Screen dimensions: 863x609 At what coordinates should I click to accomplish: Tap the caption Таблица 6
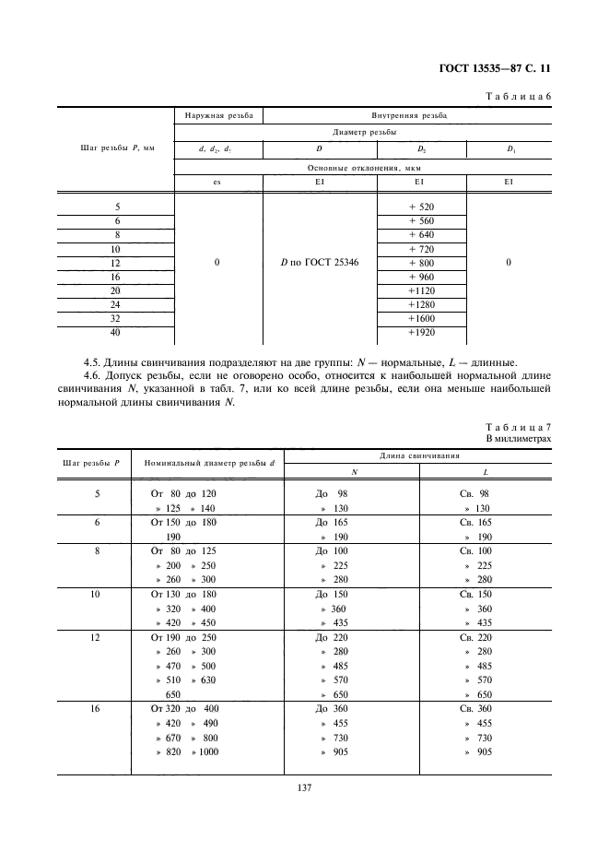click(517, 96)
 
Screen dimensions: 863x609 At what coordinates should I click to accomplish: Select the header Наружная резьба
click(217, 117)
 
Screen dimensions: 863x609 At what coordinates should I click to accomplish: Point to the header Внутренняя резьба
click(409, 117)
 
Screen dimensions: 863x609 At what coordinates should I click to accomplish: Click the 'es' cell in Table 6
click(217, 182)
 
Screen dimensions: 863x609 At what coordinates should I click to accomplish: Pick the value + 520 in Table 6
click(420, 207)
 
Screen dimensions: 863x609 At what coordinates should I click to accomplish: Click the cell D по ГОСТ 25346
click(320, 262)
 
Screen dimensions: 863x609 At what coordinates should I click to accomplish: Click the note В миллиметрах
click(518, 440)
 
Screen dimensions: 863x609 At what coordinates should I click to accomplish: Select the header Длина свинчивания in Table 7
click(419, 455)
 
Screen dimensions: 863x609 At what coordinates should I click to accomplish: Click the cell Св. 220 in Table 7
click(474, 636)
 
